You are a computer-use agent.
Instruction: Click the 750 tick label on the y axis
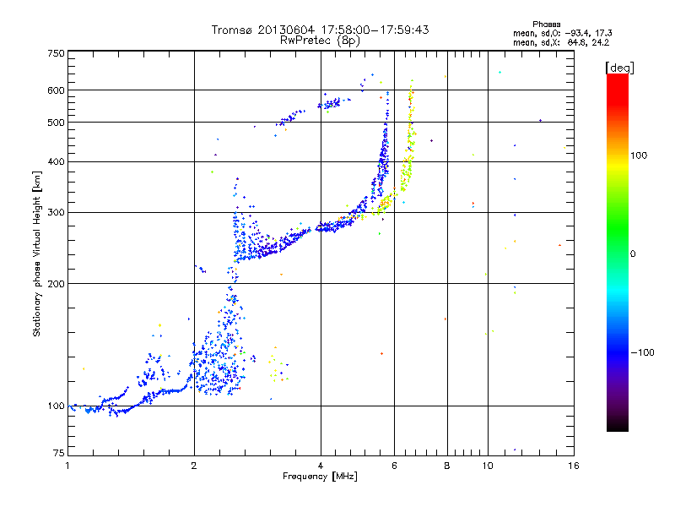[x=56, y=53]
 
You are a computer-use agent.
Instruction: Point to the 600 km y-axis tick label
[x=56, y=90]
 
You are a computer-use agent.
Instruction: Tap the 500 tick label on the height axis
[x=56, y=123]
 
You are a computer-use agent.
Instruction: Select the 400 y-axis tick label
[x=56, y=161]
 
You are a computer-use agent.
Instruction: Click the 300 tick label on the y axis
[x=56, y=212]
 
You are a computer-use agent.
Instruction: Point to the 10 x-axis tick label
[x=486, y=466]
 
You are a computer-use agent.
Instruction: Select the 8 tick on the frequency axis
[x=447, y=466]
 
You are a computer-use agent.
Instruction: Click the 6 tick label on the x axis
[x=395, y=466]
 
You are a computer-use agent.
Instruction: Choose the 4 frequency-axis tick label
[x=321, y=466]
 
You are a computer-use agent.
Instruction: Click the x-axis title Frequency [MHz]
[x=320, y=477]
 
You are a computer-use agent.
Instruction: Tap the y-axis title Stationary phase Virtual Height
[x=37, y=253]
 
